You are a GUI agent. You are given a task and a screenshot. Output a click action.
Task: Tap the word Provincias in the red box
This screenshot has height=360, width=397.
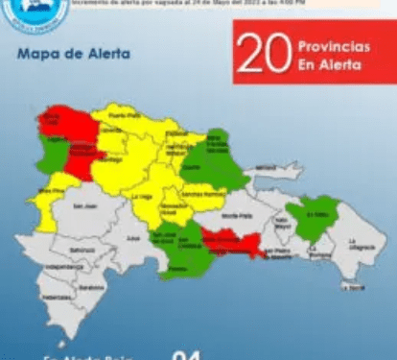pos(326,45)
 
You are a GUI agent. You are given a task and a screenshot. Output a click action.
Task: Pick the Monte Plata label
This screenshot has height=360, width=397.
pos(231,217)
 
